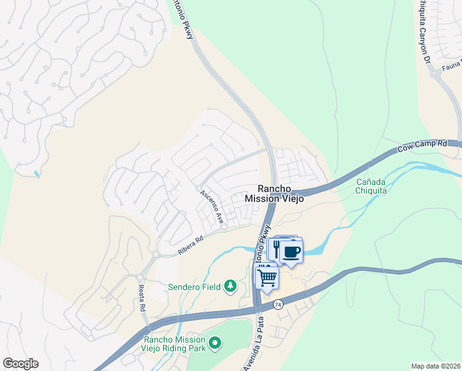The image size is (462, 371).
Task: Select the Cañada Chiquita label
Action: pyautogui.click(x=372, y=186)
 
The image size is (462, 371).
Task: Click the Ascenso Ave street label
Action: pyautogui.click(x=211, y=207)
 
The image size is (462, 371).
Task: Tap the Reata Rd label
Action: pyautogui.click(x=142, y=299)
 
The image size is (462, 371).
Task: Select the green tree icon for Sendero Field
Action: pyautogui.click(x=230, y=286)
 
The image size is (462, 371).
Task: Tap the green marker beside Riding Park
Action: pyautogui.click(x=214, y=342)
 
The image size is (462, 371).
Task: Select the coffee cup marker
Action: pyautogui.click(x=291, y=252)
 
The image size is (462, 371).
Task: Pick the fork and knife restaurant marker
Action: pyautogui.click(x=275, y=249)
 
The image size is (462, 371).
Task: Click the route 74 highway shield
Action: pyautogui.click(x=279, y=304)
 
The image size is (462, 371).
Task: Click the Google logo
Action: pyautogui.click(x=20, y=364)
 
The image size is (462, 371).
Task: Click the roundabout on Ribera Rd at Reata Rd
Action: pyautogui.click(x=156, y=254)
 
